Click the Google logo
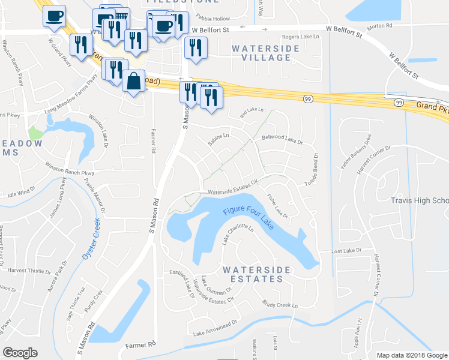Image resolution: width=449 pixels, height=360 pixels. tap(21, 353)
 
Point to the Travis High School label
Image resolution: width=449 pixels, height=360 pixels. tap(420, 201)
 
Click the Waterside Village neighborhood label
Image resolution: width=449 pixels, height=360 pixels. tap(262, 52)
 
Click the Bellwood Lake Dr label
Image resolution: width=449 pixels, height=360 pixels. tap(282, 139)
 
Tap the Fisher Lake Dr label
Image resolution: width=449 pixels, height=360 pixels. tap(277, 205)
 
